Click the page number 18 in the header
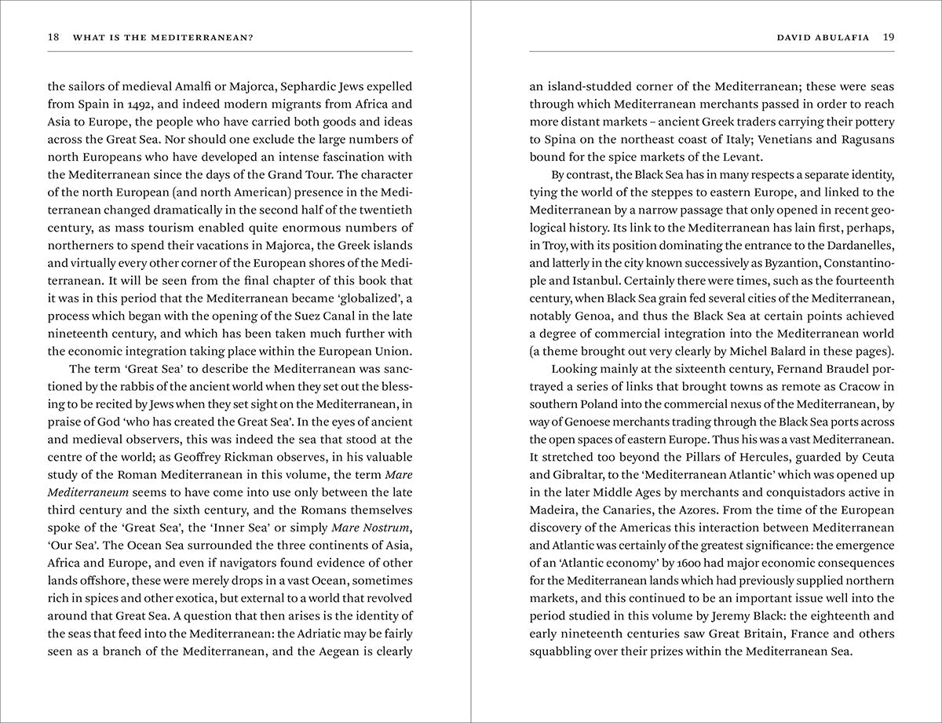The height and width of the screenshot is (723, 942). coord(53,37)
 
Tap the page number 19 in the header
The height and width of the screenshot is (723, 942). coord(888,37)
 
